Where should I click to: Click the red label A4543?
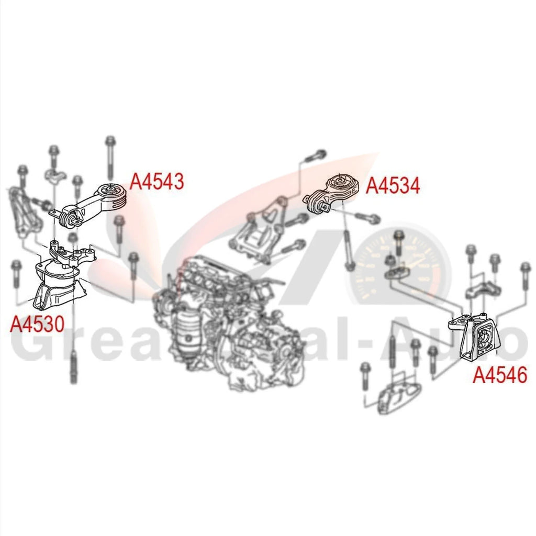157,182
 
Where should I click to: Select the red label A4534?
393,185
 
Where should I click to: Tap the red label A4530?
37,325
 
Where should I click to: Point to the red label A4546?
500,375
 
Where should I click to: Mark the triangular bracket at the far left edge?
24,215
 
